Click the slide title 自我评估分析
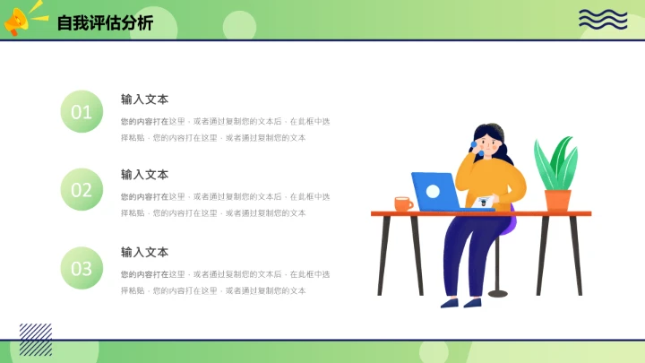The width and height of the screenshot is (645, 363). pos(105,23)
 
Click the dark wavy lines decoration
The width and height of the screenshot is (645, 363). pos(603,19)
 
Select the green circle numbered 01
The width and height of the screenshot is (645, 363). pos(82,112)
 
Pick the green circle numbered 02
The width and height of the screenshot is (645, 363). pos(82,190)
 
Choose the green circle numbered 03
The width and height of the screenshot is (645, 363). pos(82,268)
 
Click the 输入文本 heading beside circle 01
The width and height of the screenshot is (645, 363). pos(144,99)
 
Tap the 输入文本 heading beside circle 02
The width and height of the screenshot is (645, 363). pos(144,175)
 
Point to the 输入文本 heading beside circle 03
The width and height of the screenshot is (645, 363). pos(144,253)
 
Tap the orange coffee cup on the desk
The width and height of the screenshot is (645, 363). pos(403,204)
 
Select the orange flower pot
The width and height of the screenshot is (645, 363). pos(557,200)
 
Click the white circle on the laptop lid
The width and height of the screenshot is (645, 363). pos(434,190)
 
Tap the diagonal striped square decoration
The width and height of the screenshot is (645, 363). pos(36,340)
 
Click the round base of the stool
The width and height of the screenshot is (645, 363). pos(497,293)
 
